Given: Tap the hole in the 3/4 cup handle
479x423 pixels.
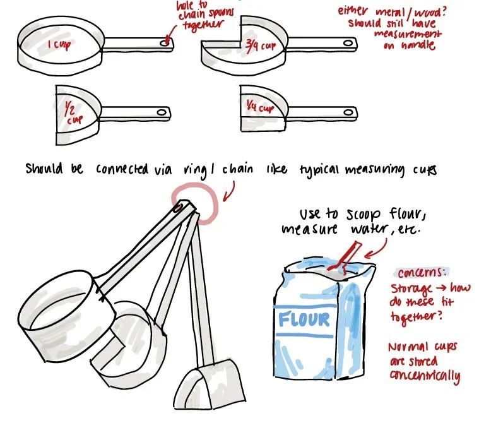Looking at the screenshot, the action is (348, 44).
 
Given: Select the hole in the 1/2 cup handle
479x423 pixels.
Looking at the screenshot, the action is (162, 112).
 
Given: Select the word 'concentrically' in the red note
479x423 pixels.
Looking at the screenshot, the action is (425, 377).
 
